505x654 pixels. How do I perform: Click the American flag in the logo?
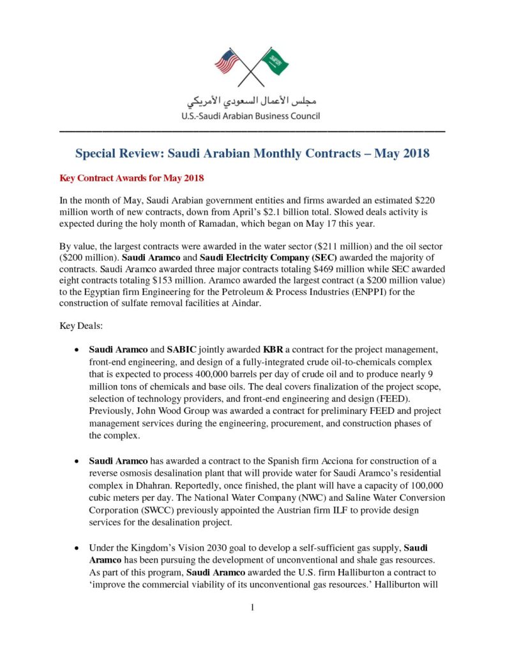pos(227,61)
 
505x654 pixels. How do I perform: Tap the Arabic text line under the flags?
pos(252,102)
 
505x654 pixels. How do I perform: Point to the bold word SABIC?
pos(182,350)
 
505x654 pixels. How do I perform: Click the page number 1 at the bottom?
pos(252,607)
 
